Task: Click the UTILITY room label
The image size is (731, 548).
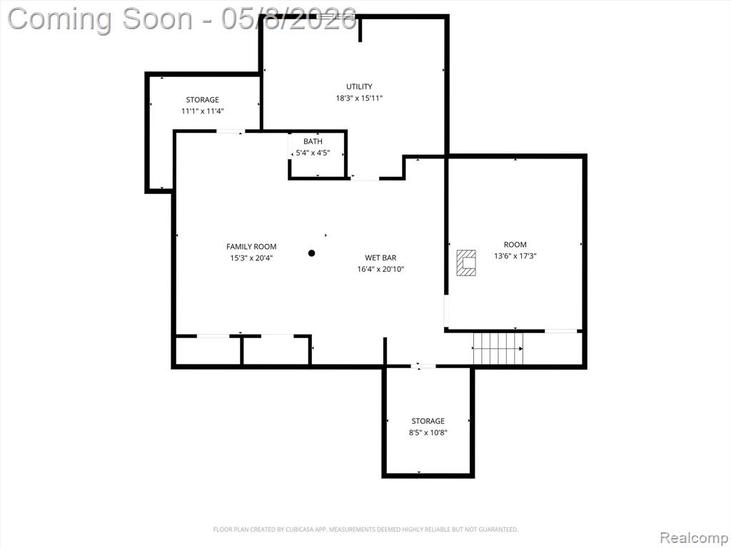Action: [359, 86]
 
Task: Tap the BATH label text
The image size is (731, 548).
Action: [313, 141]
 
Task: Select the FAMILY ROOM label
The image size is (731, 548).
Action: [251, 246]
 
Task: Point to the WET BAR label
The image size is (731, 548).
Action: [380, 258]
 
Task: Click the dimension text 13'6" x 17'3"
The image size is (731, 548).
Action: [515, 256]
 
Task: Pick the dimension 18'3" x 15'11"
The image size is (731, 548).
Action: [359, 98]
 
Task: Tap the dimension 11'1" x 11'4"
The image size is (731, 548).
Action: [202, 111]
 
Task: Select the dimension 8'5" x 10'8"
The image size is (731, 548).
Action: [428, 432]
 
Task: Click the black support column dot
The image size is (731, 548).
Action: [311, 253]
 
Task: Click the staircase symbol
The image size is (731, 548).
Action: [498, 348]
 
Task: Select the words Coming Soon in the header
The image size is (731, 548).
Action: [100, 19]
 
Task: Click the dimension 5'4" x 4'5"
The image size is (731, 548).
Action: [313, 153]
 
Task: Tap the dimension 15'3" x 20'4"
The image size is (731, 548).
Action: [251, 258]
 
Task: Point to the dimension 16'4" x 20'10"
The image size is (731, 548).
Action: [380, 269]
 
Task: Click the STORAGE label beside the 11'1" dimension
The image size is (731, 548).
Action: [202, 100]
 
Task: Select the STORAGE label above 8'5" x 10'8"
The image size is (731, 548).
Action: [428, 421]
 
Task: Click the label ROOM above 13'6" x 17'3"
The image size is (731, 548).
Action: [515, 245]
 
